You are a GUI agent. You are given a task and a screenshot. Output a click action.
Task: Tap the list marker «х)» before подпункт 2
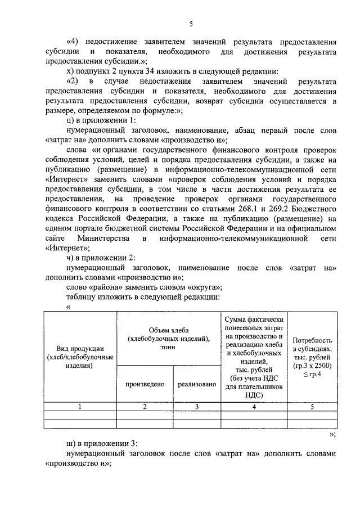pyautogui.click(x=70, y=71)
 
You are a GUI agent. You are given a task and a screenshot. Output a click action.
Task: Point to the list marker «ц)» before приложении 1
pyautogui.click(x=70, y=121)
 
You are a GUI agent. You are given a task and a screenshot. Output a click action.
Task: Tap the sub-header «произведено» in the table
pyautogui.click(x=145, y=384)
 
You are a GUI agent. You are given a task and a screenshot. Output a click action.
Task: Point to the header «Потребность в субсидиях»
pyautogui.click(x=312, y=345)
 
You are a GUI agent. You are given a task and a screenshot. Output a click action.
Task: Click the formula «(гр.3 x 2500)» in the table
pyautogui.click(x=312, y=366)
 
